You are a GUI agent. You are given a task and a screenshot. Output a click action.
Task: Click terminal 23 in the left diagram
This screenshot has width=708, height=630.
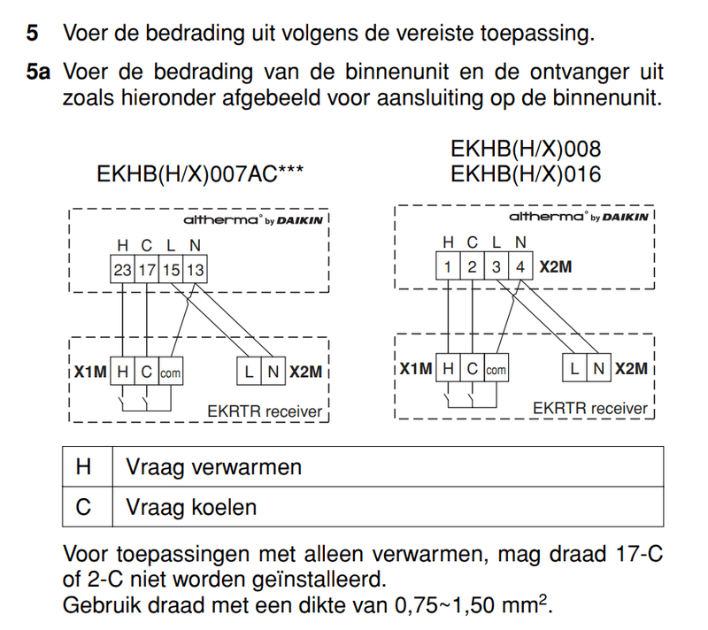click(121, 269)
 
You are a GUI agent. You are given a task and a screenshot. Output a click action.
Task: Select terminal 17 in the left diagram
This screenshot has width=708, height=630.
click(146, 269)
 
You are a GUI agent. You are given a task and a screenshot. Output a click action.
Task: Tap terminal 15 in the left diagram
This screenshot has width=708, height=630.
click(171, 269)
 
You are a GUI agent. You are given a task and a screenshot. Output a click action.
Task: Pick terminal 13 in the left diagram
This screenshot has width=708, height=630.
click(195, 269)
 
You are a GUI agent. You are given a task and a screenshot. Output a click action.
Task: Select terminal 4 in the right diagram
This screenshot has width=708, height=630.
click(521, 267)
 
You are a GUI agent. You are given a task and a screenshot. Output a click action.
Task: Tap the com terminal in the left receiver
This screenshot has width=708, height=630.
click(170, 373)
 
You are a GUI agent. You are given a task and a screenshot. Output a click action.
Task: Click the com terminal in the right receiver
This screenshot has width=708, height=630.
click(496, 370)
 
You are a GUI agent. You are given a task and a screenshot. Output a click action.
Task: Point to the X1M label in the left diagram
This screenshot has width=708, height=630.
click(89, 373)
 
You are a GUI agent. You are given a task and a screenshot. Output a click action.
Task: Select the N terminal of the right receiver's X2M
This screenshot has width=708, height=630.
click(599, 369)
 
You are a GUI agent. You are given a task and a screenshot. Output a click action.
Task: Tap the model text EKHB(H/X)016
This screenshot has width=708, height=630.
click(526, 174)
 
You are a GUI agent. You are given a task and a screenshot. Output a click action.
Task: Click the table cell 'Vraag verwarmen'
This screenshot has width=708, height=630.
click(213, 467)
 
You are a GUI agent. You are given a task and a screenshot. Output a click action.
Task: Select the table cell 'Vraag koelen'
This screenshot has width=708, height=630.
click(191, 508)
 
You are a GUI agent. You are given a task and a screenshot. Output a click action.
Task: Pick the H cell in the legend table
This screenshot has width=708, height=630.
click(84, 467)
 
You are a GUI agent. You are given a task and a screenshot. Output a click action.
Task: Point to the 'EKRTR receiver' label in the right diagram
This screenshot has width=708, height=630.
click(590, 408)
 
